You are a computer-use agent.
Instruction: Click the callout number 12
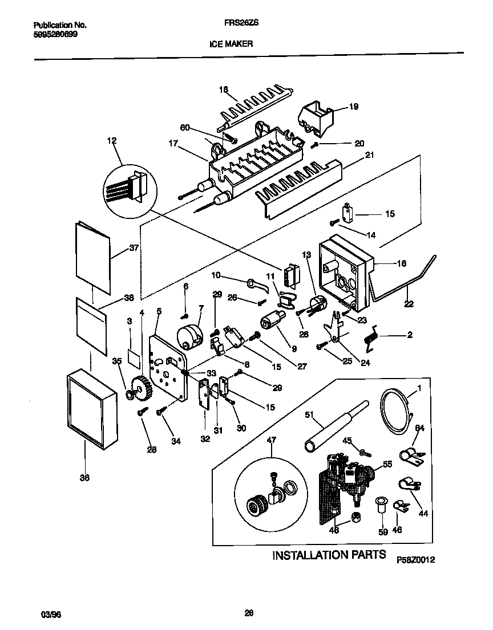pyautogui.click(x=111, y=140)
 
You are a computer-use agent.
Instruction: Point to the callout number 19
pyautogui.click(x=353, y=107)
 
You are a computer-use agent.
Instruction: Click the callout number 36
pyautogui.click(x=84, y=478)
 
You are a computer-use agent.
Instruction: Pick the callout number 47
pyautogui.click(x=271, y=440)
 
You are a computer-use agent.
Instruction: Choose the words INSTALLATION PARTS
pyautogui.click(x=329, y=555)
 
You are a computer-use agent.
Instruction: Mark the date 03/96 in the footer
pyautogui.click(x=51, y=615)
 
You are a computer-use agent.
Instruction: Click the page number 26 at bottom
pyautogui.click(x=248, y=613)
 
